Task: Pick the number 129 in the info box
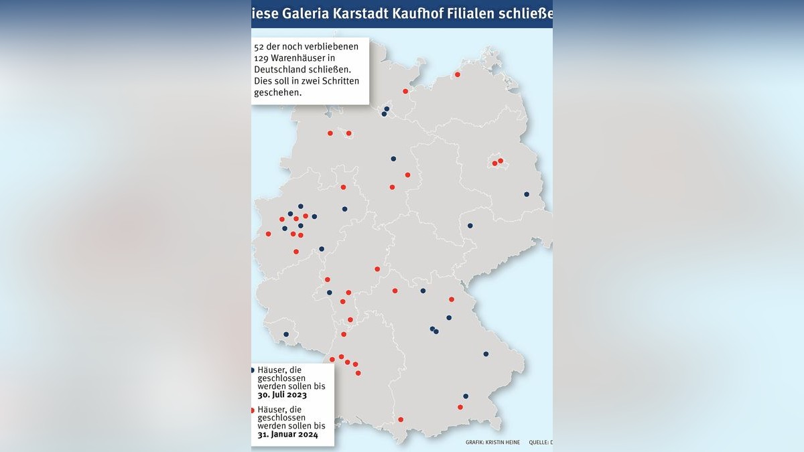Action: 262,58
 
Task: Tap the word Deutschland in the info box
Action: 282,70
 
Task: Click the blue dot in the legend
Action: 252,370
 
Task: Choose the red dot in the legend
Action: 252,410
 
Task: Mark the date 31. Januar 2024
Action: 287,435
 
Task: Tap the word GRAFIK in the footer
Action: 476,443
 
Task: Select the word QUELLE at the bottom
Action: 537,443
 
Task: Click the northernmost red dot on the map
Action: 458,74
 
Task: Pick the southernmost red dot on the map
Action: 401,420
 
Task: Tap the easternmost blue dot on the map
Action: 527,194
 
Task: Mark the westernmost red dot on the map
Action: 268,234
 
